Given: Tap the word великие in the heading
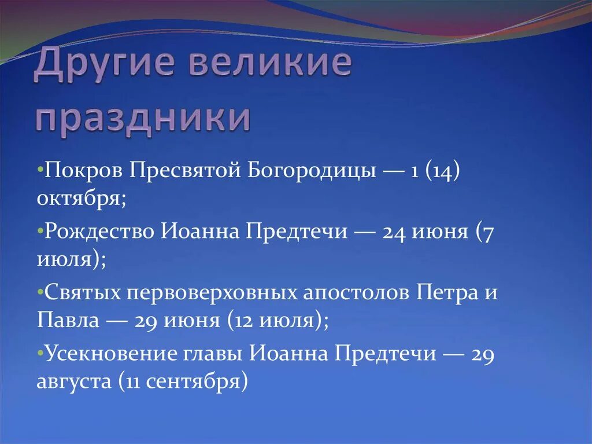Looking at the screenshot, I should [x=270, y=65].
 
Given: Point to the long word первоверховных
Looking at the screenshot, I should [x=213, y=292].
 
